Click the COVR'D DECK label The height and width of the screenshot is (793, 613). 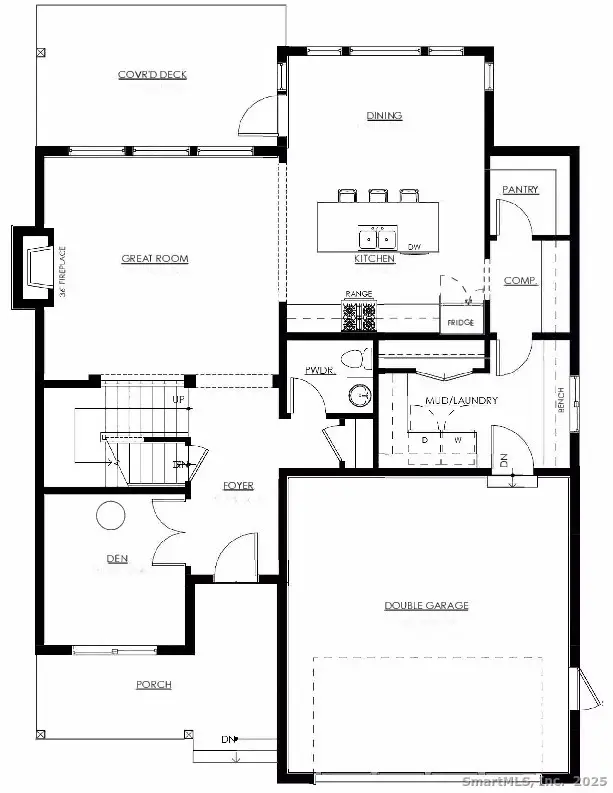pyautogui.click(x=152, y=75)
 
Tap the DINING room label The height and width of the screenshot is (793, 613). pyautogui.click(x=384, y=116)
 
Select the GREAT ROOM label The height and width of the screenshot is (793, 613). pyautogui.click(x=155, y=259)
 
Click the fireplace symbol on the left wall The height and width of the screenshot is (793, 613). pyautogui.click(x=34, y=266)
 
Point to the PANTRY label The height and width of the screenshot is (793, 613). pyautogui.click(x=520, y=189)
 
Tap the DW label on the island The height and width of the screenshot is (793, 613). pyautogui.click(x=414, y=246)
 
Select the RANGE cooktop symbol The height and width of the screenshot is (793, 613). pyautogui.click(x=359, y=316)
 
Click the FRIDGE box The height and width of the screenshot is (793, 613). pyautogui.click(x=460, y=322)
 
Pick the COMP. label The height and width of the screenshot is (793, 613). pyautogui.click(x=520, y=281)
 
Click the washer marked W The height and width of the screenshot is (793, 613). pyautogui.click(x=458, y=439)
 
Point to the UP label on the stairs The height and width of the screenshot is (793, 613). pyautogui.click(x=179, y=399)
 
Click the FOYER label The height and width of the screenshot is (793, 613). pyautogui.click(x=238, y=486)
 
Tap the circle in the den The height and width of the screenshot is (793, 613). pyautogui.click(x=110, y=516)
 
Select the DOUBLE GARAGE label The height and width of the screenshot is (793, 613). pyautogui.click(x=426, y=605)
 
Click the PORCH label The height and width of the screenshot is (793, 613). pyautogui.click(x=154, y=685)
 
